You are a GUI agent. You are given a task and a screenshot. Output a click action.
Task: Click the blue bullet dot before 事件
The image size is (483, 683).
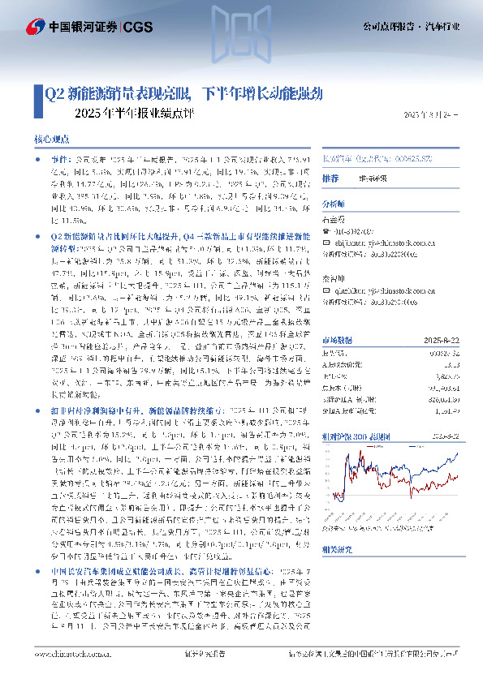point(41,161)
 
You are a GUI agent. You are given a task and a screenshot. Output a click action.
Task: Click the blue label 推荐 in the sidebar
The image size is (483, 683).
point(330,178)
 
